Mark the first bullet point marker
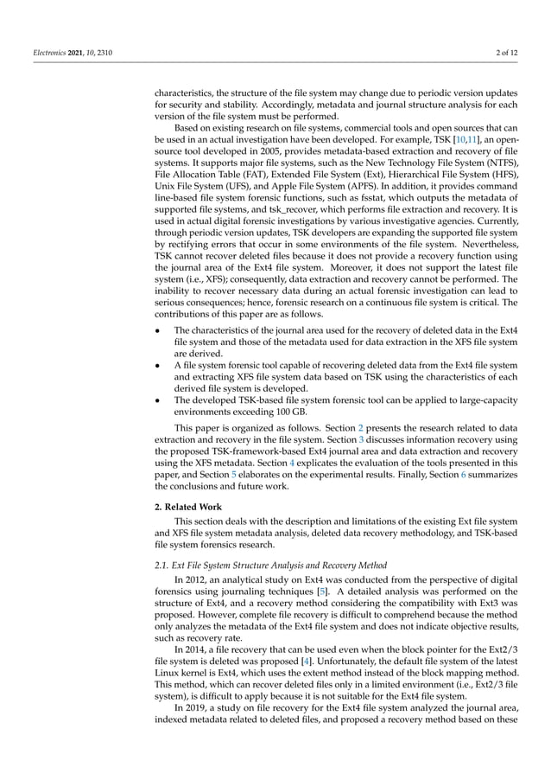pyautogui.click(x=158, y=329)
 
